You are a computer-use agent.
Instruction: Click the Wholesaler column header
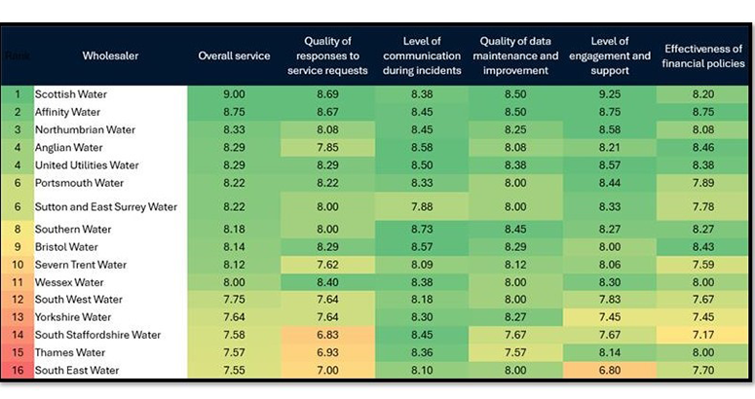(110, 56)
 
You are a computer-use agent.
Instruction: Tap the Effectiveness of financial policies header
(703, 56)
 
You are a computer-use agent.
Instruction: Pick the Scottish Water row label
(71, 94)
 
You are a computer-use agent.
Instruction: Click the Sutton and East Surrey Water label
(106, 206)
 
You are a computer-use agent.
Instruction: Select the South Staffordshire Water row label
(97, 335)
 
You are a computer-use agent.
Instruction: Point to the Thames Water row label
(70, 352)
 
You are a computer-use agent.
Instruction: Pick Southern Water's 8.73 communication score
(421, 230)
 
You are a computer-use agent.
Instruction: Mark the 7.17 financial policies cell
(703, 335)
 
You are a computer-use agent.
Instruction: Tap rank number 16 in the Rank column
(18, 371)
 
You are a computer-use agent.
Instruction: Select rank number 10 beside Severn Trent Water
(18, 265)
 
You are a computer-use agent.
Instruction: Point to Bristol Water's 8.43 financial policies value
(703, 247)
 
